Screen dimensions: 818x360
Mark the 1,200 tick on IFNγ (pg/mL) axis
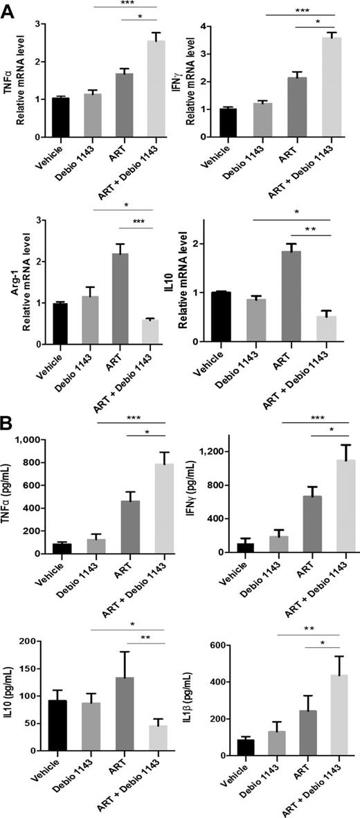click(213, 452)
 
